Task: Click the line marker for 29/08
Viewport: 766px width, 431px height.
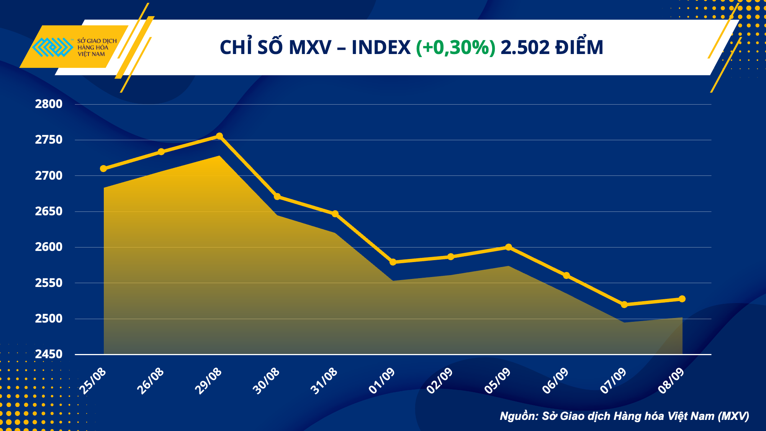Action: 219,136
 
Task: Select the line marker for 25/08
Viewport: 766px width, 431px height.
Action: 103,169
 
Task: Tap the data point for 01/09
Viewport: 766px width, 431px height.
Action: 393,262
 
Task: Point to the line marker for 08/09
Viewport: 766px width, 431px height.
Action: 682,299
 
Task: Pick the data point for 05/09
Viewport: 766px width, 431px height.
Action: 509,247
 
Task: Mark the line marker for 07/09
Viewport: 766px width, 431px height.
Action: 624,305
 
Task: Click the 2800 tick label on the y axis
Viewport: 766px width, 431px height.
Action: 49,104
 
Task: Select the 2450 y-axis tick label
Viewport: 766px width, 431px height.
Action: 49,354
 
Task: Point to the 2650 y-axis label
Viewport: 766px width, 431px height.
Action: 49,211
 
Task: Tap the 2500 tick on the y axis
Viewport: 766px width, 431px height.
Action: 49,318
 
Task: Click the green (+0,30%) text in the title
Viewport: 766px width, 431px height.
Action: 456,48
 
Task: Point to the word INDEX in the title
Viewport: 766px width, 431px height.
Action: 381,48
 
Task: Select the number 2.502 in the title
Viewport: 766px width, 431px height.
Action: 525,48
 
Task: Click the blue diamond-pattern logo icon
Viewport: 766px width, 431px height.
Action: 52,47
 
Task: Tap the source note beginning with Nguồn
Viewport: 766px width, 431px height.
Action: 624,416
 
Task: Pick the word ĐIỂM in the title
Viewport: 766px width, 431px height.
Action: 579,48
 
